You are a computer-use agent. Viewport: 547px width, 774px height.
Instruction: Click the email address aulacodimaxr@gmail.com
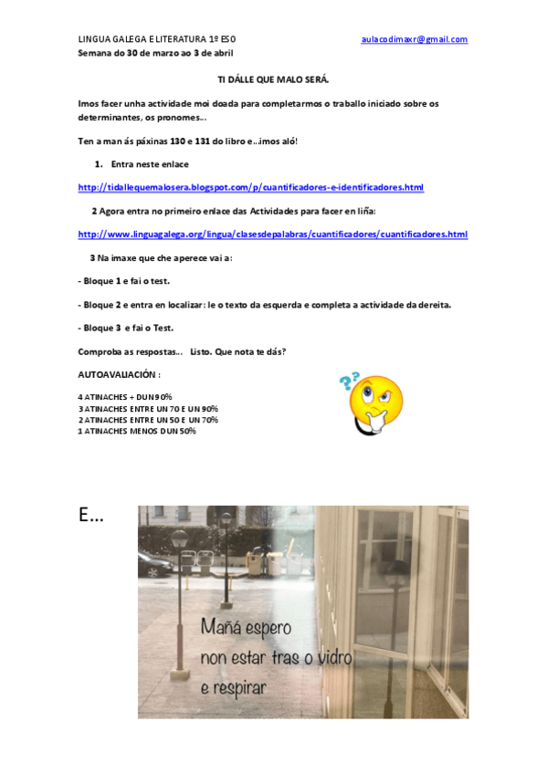pyautogui.click(x=414, y=39)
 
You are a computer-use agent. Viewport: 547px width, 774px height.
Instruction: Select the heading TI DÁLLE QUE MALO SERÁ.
pyautogui.click(x=273, y=80)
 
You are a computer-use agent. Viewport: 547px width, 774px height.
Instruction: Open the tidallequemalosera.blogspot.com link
pyautogui.click(x=251, y=188)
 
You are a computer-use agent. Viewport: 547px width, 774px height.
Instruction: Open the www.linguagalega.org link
pyautogui.click(x=273, y=235)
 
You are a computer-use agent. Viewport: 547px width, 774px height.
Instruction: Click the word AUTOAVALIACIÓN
pyautogui.click(x=119, y=374)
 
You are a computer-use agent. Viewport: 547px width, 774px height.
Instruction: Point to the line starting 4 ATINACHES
pyautogui.click(x=125, y=396)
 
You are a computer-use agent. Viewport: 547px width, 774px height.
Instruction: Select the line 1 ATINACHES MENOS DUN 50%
pyautogui.click(x=137, y=431)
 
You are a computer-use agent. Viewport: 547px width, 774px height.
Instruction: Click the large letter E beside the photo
pyautogui.click(x=90, y=517)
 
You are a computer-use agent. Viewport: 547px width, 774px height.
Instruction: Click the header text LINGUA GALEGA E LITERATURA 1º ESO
pyautogui.click(x=157, y=39)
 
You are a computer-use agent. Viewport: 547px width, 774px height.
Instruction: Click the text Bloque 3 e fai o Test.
pyautogui.click(x=126, y=328)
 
